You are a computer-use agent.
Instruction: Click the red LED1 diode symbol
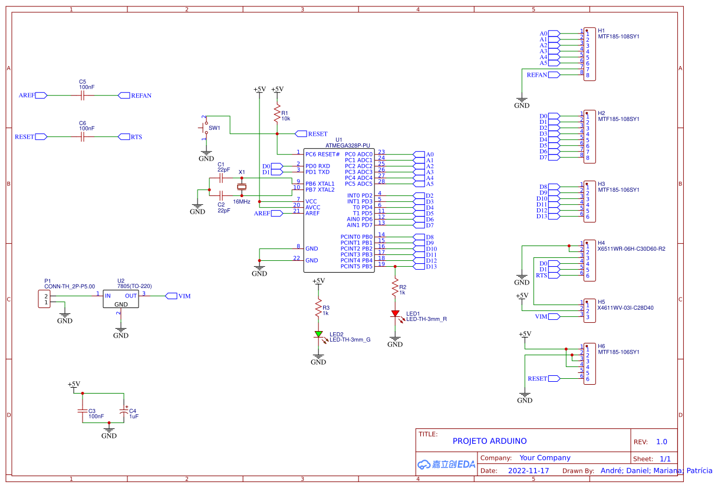395,314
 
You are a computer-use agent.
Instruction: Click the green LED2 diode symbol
318,334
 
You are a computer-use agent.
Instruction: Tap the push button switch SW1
205,127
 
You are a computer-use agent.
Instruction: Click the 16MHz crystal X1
241,187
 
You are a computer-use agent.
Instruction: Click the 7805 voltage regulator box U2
120,299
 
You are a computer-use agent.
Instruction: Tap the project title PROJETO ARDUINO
489,441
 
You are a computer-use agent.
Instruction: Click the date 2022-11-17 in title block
528,471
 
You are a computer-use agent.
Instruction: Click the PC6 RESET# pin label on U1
322,154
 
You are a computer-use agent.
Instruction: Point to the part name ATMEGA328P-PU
348,145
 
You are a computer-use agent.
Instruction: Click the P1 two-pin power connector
45,299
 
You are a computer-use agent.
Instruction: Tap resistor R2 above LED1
395,289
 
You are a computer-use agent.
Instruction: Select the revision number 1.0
661,441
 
